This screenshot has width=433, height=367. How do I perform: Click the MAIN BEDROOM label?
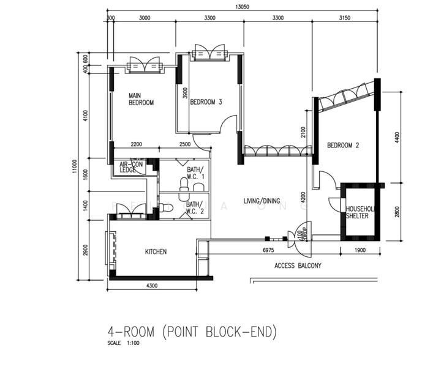pyautogui.click(x=141, y=99)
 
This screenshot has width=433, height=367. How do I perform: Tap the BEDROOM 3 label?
pyautogui.click(x=206, y=102)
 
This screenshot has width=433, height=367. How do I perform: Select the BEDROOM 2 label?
pyautogui.click(x=343, y=145)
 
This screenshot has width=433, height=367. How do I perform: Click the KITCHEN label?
pyautogui.click(x=156, y=251)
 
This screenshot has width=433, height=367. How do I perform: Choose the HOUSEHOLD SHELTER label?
pyautogui.click(x=361, y=212)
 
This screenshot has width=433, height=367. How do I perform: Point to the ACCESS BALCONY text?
pyautogui.click(x=298, y=266)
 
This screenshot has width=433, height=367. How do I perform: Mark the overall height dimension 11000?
pyautogui.click(x=73, y=166)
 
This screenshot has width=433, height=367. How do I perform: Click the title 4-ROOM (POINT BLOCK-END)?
pyautogui.click(x=192, y=332)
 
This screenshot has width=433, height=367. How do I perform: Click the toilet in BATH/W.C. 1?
pyautogui.click(x=184, y=183)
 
